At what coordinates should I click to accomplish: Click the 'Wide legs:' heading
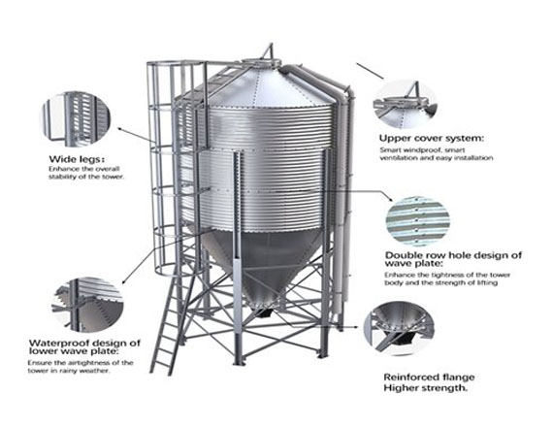[79, 159]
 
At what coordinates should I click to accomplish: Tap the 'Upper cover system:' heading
[432, 139]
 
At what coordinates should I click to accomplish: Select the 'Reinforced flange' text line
[429, 378]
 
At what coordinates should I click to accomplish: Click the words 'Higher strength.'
[426, 388]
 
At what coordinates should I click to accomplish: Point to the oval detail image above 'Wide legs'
[77, 118]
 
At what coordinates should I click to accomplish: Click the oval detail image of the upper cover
[406, 105]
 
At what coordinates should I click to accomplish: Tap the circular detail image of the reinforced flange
[399, 328]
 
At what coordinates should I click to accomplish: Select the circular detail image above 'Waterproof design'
[88, 305]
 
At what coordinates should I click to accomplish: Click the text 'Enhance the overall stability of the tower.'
[86, 173]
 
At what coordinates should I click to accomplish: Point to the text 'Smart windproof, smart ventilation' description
[437, 154]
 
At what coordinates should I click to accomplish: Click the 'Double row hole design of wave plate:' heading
[453, 259]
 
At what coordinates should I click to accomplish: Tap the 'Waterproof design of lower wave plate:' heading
[84, 346]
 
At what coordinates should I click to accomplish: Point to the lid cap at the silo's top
[261, 63]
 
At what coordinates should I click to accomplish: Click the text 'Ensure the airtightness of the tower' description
[81, 367]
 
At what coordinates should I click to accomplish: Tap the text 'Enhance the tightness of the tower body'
[447, 279]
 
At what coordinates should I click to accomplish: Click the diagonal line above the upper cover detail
[370, 71]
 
